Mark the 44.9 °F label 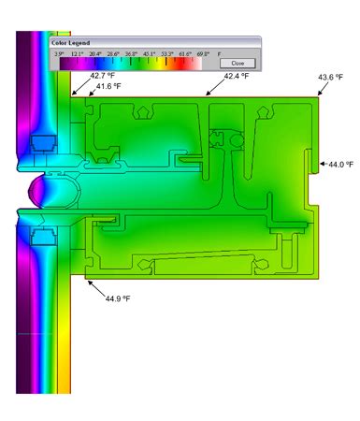pos(118,298)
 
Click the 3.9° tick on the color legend pos(59,54)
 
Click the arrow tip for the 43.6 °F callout pos(317,96)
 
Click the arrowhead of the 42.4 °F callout pos(207,96)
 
